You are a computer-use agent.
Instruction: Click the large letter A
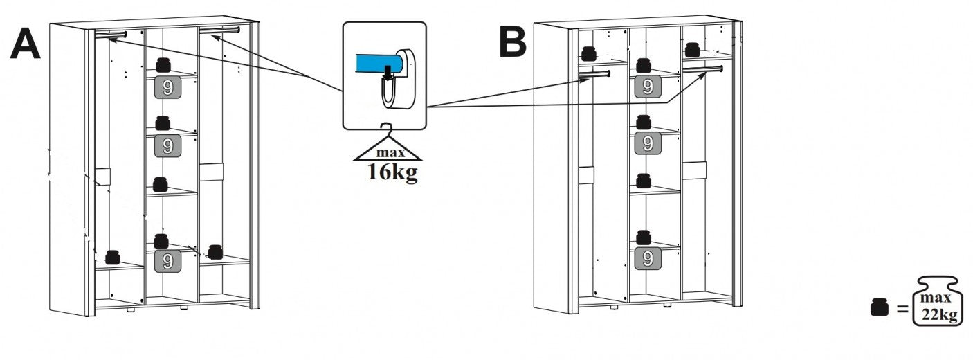[25, 46]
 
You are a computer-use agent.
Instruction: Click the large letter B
[513, 43]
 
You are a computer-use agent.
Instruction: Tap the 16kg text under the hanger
[392, 172]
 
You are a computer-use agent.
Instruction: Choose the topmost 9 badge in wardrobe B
[647, 87]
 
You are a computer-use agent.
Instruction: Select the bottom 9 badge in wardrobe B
[647, 259]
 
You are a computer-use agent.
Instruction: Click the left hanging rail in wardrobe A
[110, 34]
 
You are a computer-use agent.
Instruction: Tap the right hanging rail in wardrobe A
[219, 30]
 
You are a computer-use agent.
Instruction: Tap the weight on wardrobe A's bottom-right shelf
[215, 252]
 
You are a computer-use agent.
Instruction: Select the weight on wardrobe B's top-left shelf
[589, 53]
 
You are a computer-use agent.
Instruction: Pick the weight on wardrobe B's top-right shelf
[691, 49]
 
